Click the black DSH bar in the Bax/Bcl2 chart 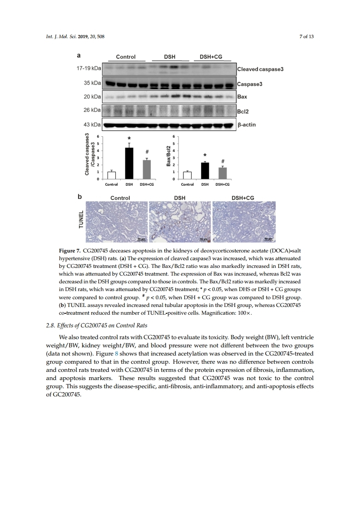coord(205,171)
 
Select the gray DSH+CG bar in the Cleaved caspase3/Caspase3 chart coord(147,169)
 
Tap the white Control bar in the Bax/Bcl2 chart coord(187,175)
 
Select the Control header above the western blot coord(126,57)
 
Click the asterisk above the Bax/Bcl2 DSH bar coord(205,156)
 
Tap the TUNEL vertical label coord(82,221)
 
